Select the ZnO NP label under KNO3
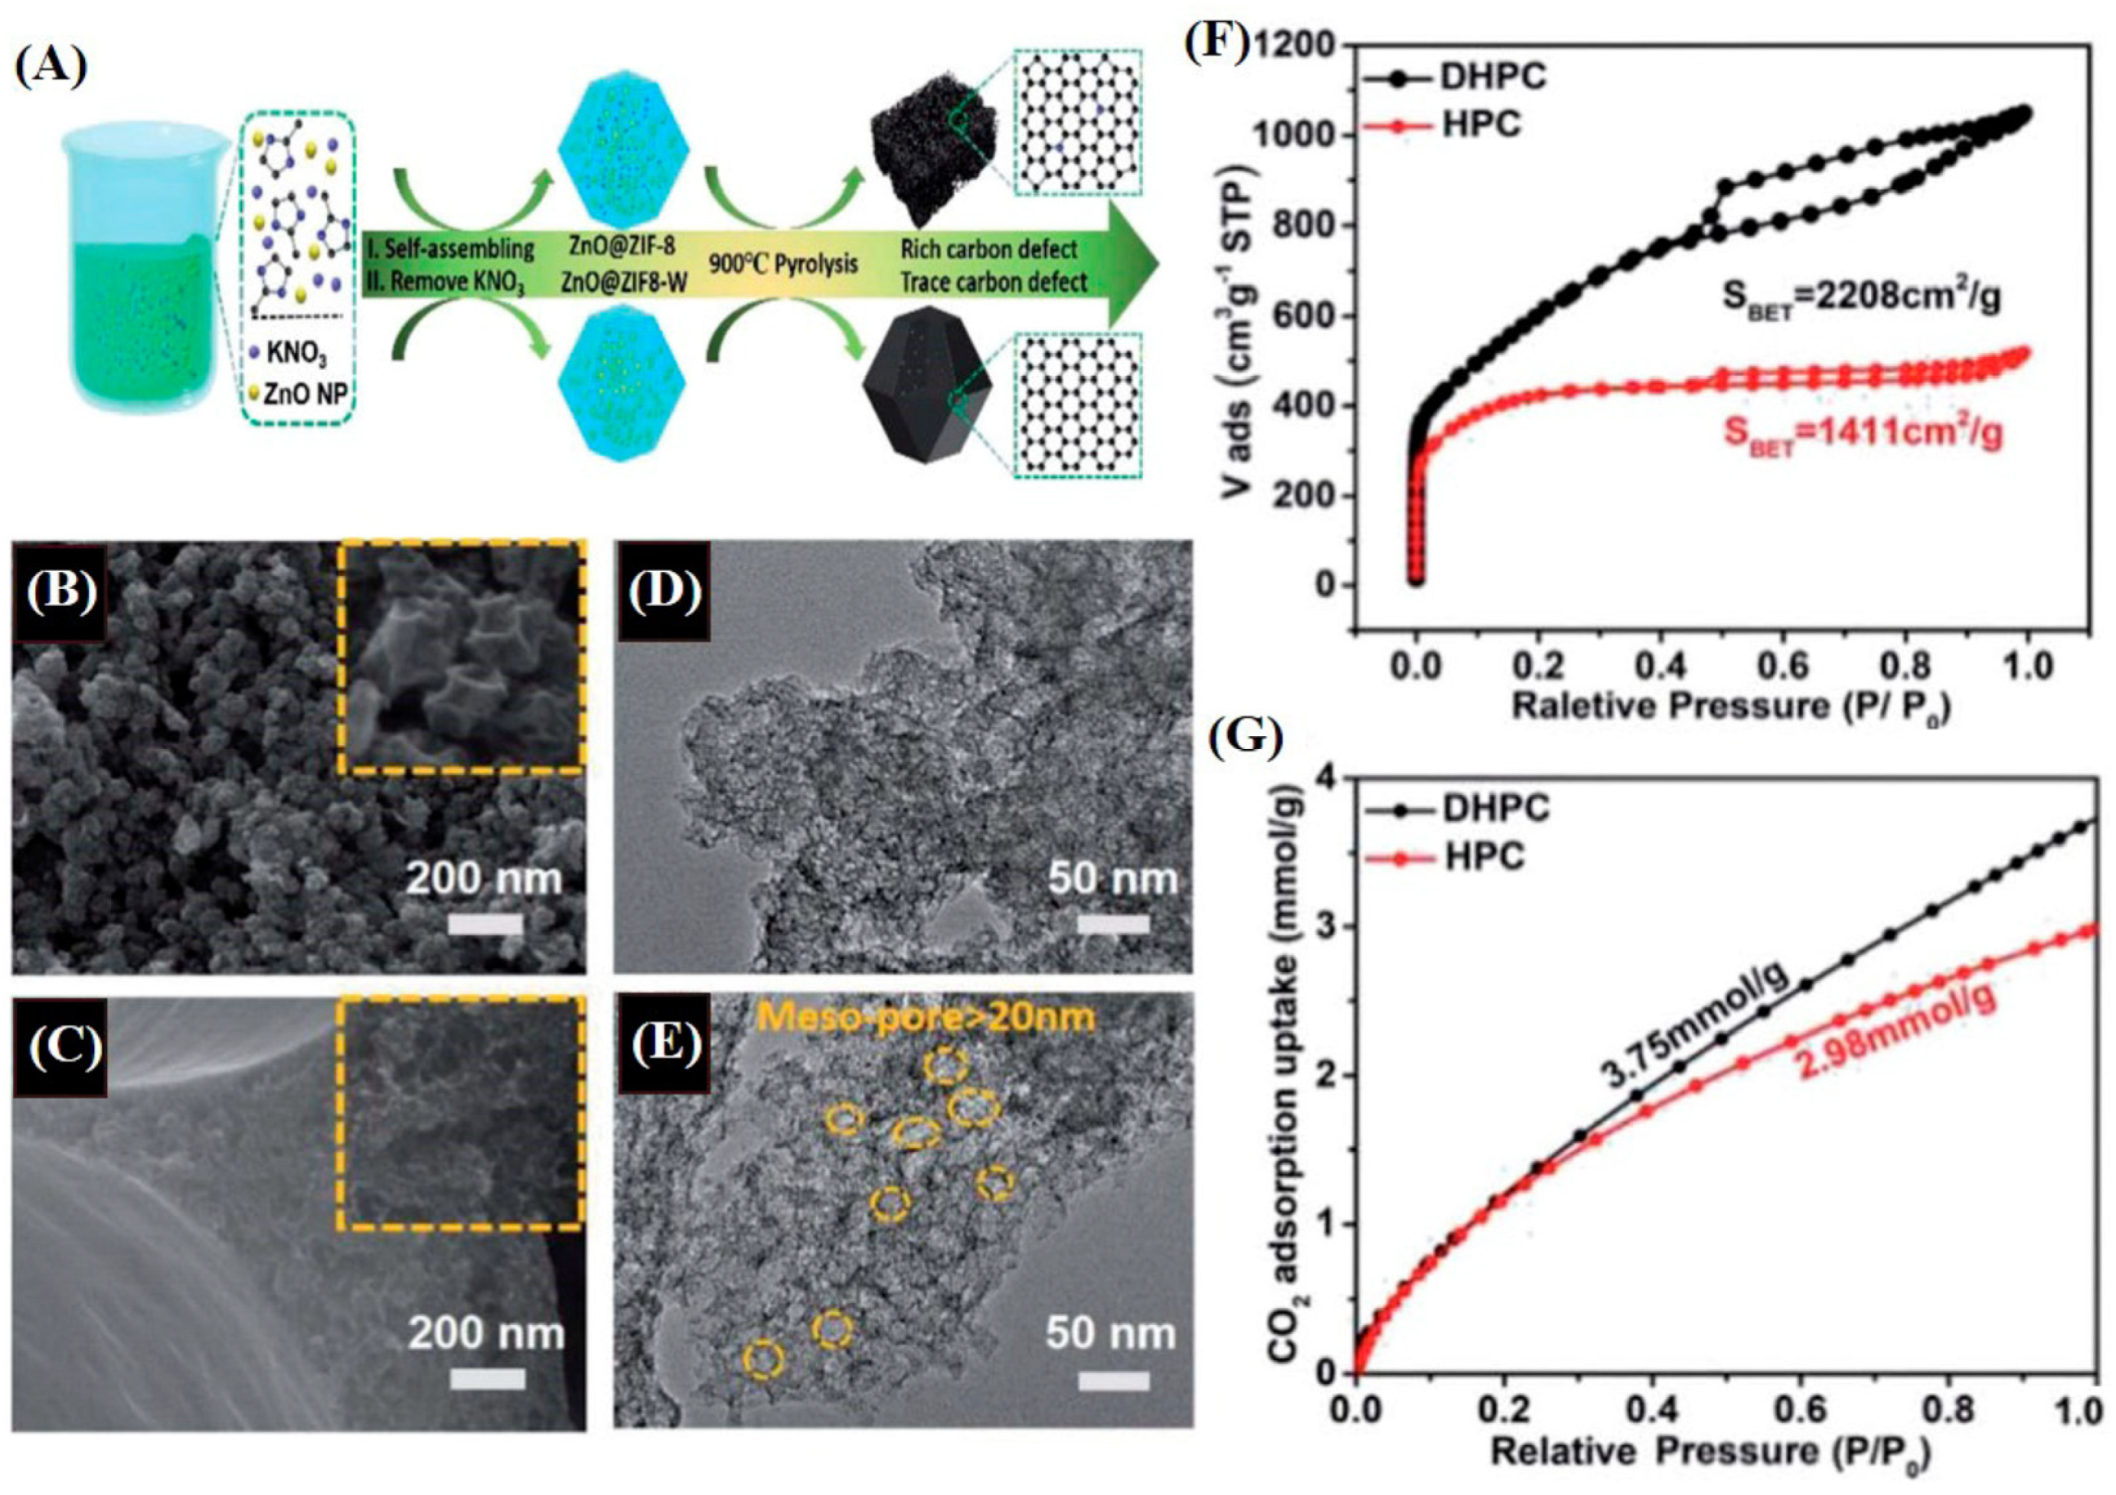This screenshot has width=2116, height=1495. [304, 395]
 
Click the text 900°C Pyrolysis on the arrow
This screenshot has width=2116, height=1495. [783, 264]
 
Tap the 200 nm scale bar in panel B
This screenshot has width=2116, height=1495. [484, 923]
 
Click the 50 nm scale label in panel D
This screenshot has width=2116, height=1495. [1114, 879]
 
